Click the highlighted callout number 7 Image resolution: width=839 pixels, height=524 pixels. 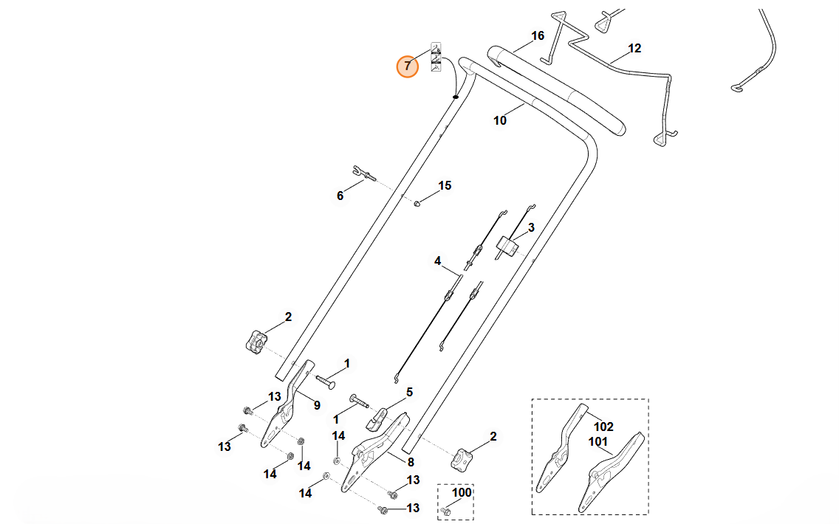(407, 66)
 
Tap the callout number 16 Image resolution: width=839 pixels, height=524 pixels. (537, 35)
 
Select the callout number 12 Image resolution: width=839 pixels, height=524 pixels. (634, 49)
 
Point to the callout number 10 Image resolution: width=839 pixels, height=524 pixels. (500, 120)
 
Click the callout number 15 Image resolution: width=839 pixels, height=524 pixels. (445, 185)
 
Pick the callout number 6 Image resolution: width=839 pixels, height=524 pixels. (340, 196)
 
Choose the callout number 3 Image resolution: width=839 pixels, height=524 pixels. (530, 227)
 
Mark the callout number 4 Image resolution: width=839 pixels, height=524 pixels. (437, 261)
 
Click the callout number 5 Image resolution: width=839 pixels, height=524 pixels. (409, 392)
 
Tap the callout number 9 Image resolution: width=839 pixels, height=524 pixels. (317, 404)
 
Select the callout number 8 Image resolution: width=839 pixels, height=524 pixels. (410, 461)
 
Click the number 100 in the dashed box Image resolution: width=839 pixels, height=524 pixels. (462, 492)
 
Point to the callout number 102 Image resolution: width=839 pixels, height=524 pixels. (604, 427)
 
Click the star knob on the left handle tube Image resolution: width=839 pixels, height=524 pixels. (256, 342)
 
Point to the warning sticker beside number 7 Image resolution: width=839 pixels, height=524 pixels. (436, 58)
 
